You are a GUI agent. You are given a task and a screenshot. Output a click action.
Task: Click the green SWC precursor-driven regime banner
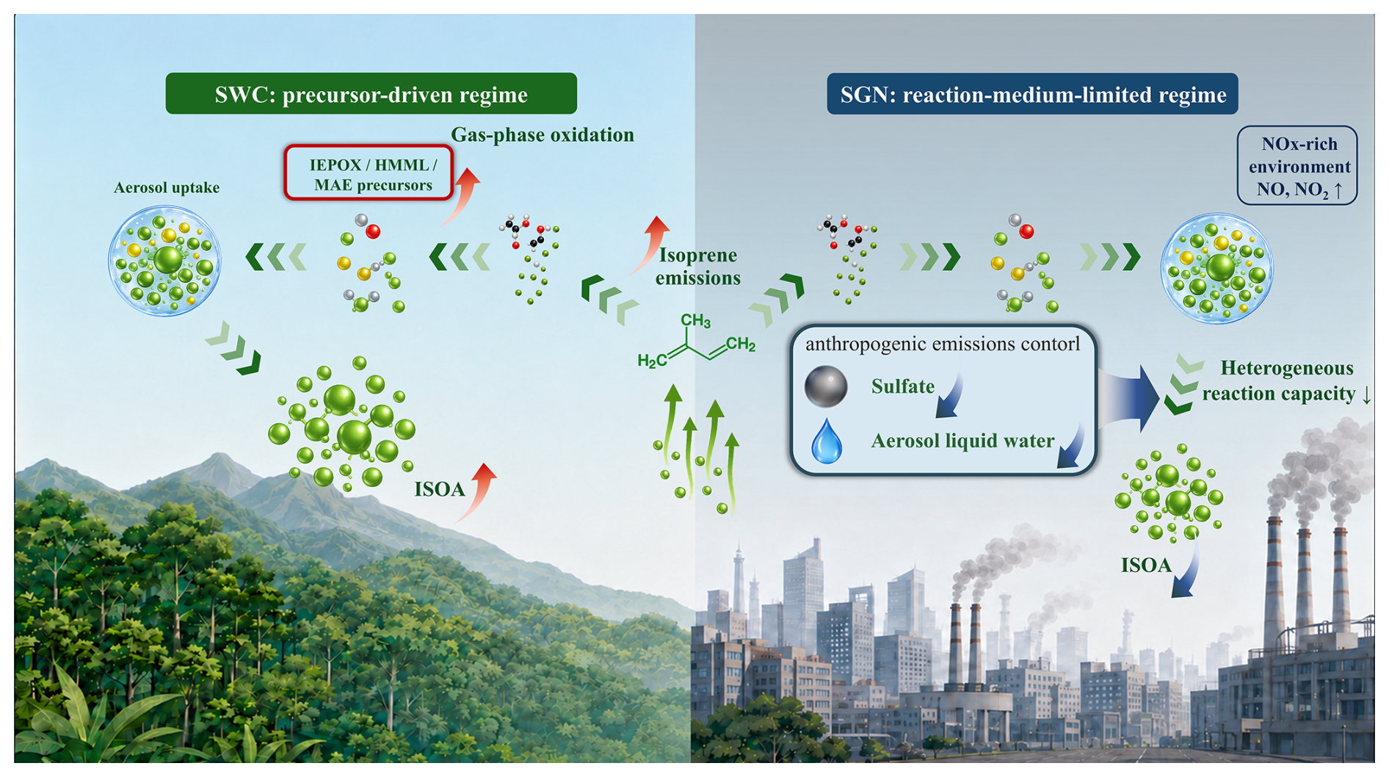click(371, 93)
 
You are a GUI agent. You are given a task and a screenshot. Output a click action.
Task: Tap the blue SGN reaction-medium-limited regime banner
click(1032, 94)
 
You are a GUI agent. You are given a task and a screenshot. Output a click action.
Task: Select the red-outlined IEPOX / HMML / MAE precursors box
click(369, 173)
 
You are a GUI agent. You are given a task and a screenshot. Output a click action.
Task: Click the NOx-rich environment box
click(1297, 165)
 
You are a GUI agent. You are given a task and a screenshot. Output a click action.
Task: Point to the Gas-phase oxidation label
click(543, 134)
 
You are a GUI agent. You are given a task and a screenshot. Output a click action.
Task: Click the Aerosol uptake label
click(167, 187)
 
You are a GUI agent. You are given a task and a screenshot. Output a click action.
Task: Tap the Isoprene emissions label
click(698, 266)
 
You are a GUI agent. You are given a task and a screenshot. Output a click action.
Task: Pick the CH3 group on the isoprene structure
click(695, 321)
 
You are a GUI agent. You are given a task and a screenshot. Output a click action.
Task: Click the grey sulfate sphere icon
click(826, 386)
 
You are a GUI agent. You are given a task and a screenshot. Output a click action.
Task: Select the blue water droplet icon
click(827, 441)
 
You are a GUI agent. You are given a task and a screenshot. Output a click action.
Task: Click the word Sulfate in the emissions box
click(903, 386)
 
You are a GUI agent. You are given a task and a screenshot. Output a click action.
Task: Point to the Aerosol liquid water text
click(962, 441)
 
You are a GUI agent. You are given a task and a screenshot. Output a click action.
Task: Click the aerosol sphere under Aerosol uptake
click(165, 261)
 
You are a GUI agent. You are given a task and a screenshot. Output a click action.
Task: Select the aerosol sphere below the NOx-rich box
click(1216, 268)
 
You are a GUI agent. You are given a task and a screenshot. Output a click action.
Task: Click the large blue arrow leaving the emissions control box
click(1128, 399)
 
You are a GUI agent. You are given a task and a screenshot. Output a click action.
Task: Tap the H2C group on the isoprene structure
click(653, 360)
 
